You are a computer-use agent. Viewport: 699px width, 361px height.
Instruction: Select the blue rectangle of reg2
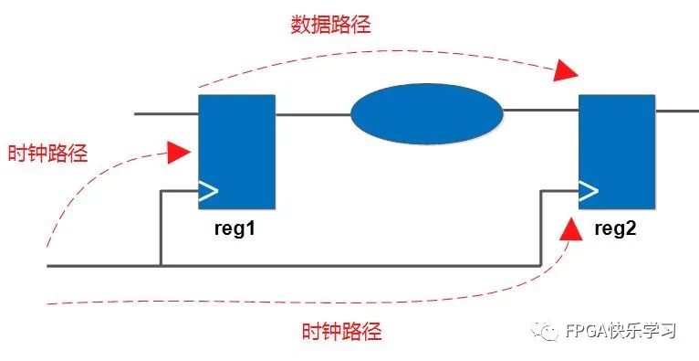click(x=616, y=152)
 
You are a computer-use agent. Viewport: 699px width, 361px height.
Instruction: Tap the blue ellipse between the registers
click(x=427, y=113)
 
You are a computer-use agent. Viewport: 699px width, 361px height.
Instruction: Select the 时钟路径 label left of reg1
click(x=47, y=153)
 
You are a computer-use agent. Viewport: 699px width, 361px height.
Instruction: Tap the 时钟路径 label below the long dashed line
click(x=341, y=331)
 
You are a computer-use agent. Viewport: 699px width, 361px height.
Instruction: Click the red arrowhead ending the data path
click(x=567, y=70)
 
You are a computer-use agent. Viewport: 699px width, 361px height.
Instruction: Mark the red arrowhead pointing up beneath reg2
click(x=570, y=228)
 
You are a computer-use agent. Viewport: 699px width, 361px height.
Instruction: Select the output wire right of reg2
click(x=675, y=111)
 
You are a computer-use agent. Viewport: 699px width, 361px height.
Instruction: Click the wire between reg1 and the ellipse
click(x=312, y=114)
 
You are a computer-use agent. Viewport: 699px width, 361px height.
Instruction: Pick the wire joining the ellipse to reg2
click(x=540, y=111)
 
